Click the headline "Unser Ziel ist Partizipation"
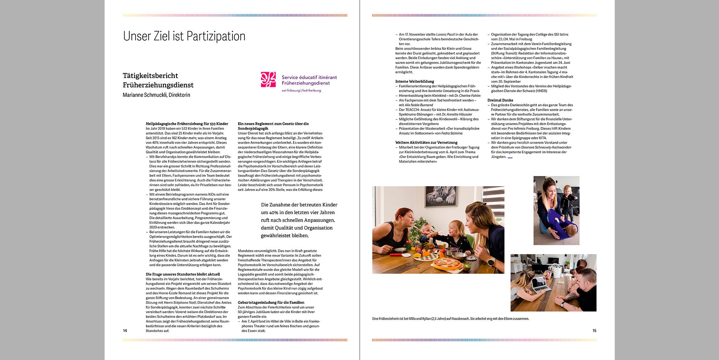coord(184,36)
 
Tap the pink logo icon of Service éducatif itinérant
coord(268,79)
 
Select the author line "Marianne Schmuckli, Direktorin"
coord(156,95)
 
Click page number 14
coord(125,331)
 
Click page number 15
coord(594,331)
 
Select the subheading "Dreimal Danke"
coord(500,100)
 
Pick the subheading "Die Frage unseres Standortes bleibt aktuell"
coord(183,274)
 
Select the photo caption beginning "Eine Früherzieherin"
coord(450,319)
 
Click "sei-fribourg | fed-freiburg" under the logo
coord(301,90)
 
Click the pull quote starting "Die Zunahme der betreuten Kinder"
coord(299,220)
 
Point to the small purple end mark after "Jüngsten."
coord(510,157)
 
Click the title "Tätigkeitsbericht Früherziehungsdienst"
coord(158,80)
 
